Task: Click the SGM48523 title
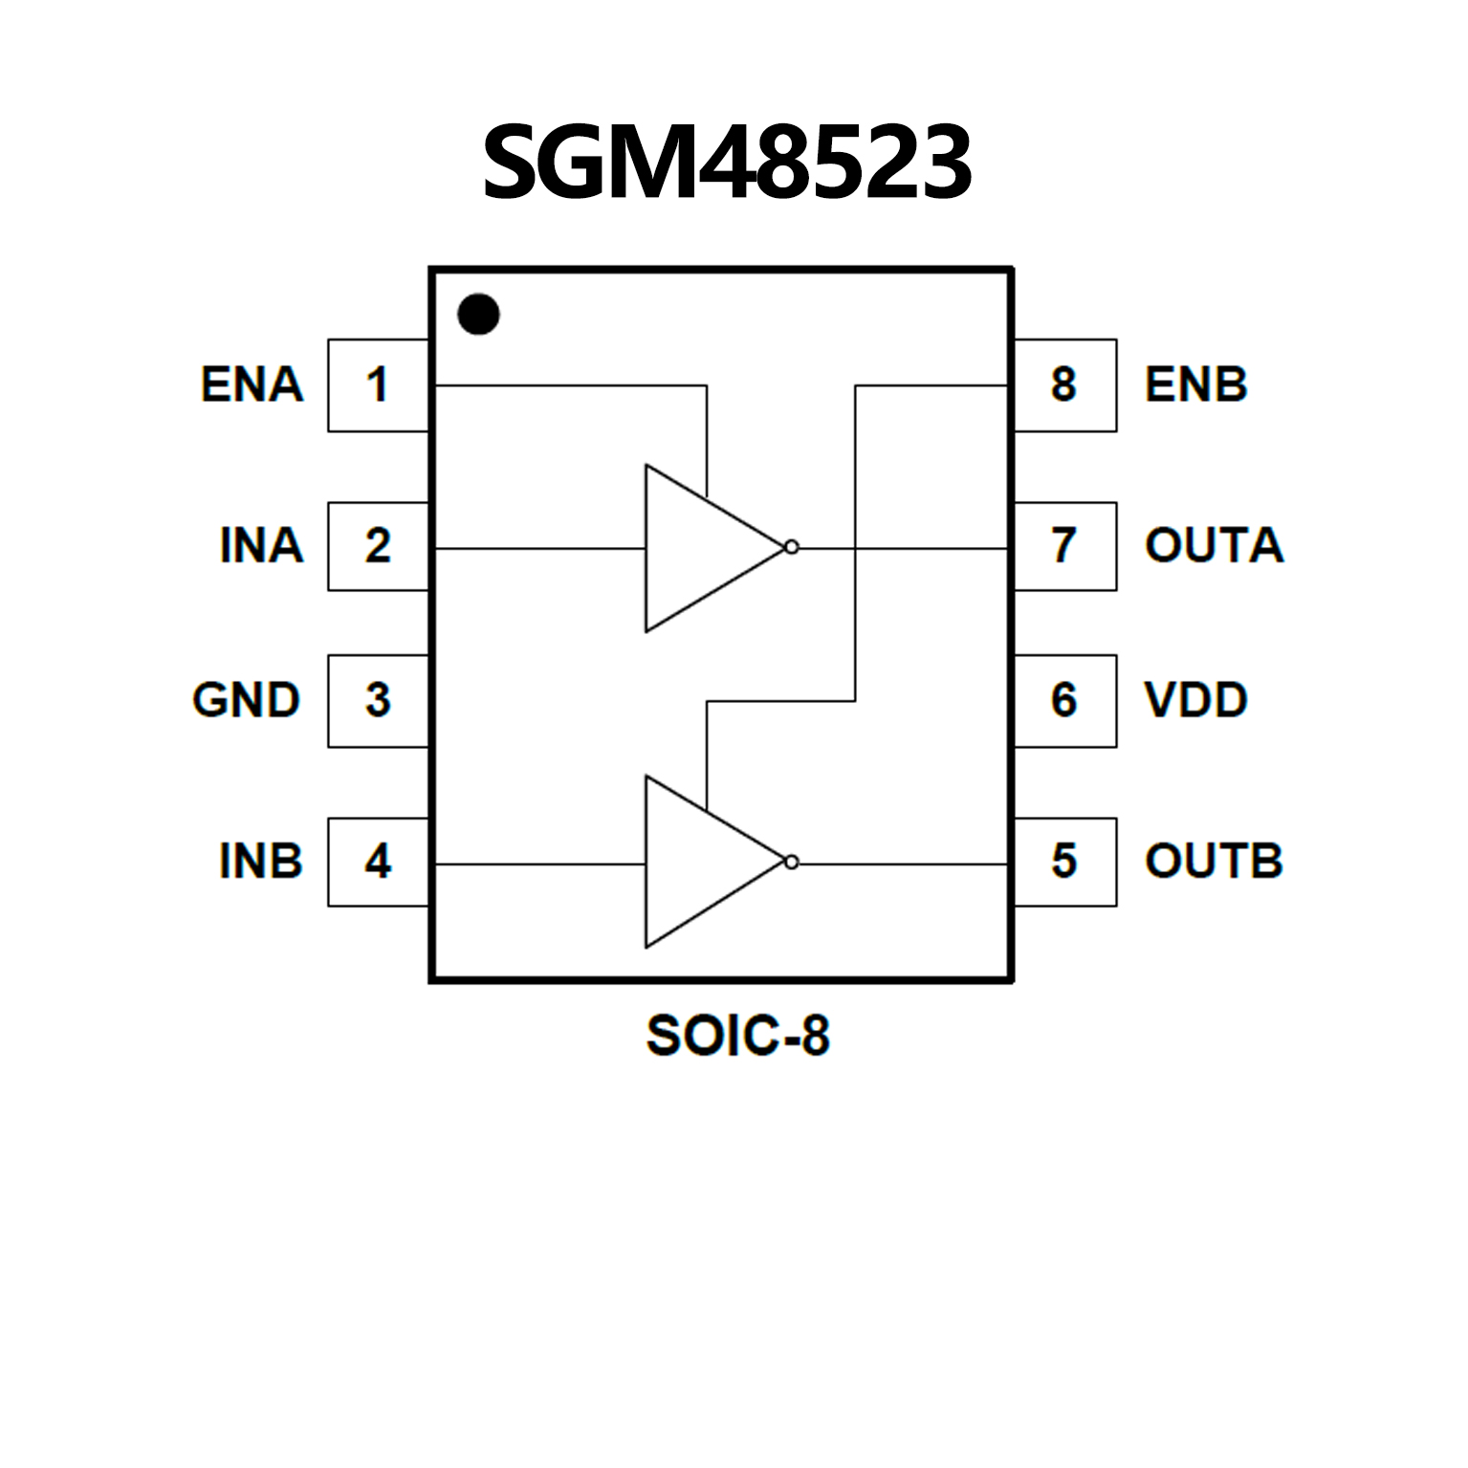(727, 163)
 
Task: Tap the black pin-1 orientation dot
(478, 314)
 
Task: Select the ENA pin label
(252, 384)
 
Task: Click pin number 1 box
(378, 384)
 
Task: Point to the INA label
(261, 545)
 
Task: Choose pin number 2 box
(378, 545)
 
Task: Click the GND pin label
(247, 700)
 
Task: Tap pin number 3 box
(378, 700)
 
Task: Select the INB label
(260, 861)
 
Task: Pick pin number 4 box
(378, 861)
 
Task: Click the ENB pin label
(1195, 384)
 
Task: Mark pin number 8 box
(1064, 384)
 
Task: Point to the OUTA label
(1214, 545)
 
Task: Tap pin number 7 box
(1064, 545)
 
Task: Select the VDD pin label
(1195, 700)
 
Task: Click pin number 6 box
(1064, 700)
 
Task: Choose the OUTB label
(1214, 861)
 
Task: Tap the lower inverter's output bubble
(791, 862)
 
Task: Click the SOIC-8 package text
(737, 1036)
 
